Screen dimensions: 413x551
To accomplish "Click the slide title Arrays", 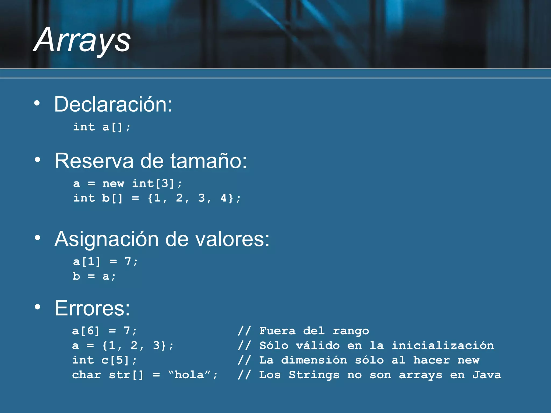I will (x=82, y=40).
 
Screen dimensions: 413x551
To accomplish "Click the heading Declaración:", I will (x=113, y=104).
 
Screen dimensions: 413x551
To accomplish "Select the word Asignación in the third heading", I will (x=107, y=239).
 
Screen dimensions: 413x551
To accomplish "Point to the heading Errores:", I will (x=92, y=308).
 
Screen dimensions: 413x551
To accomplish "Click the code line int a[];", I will (x=102, y=127).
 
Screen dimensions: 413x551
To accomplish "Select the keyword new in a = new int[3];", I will (x=113, y=184).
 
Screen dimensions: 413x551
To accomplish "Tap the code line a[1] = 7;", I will (x=105, y=262).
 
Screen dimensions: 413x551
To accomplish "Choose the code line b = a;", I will (x=94, y=276).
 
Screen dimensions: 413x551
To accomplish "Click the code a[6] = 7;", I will (x=104, y=331).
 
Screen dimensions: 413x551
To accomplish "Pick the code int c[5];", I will (x=104, y=360).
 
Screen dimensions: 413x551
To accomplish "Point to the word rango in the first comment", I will (x=351, y=331).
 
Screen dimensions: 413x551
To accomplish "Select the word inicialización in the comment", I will (x=443, y=346).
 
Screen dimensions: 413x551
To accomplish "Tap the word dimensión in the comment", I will (x=314, y=360).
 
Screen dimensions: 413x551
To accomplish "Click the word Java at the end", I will (x=487, y=375).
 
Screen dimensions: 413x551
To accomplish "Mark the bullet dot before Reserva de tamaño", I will (x=37, y=160).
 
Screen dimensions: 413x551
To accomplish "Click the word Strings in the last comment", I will (x=314, y=375).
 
